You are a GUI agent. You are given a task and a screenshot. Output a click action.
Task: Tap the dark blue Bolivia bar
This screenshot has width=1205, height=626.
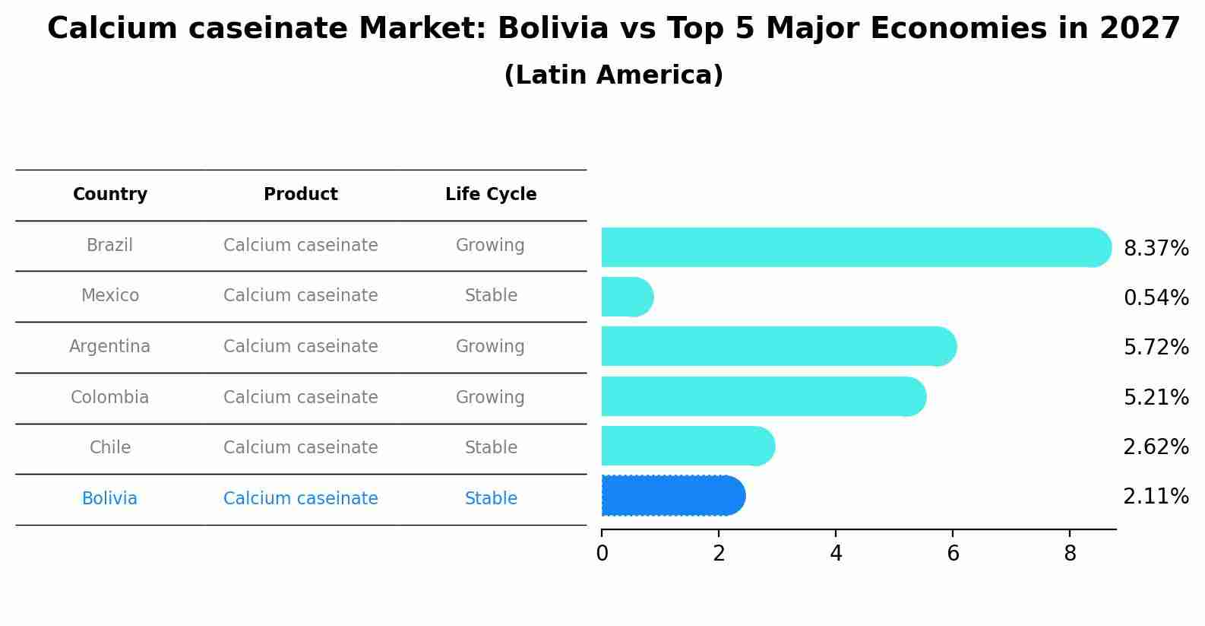tap(672, 496)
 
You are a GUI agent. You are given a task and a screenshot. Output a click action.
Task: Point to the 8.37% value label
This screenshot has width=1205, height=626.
tap(1156, 249)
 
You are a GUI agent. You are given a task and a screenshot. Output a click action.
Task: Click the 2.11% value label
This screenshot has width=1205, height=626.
tap(1156, 497)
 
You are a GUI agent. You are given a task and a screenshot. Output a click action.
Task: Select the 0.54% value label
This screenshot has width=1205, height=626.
tap(1156, 298)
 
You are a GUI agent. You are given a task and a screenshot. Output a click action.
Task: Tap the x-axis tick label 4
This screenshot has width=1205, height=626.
tap(836, 554)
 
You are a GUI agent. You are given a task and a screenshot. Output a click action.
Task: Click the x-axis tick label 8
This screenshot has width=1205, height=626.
tap(1070, 554)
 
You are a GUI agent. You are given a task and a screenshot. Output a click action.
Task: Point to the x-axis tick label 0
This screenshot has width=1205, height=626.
tap(602, 554)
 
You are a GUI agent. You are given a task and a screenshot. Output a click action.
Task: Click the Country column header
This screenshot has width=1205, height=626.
tap(110, 195)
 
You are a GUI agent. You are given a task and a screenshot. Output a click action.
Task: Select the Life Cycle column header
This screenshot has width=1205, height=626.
tap(491, 195)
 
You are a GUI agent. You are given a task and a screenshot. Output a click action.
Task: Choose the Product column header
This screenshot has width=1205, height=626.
tap(301, 195)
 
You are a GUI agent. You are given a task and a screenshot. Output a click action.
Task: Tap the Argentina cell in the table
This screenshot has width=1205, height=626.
tap(110, 347)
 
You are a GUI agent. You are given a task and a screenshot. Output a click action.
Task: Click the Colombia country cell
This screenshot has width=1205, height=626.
tap(110, 398)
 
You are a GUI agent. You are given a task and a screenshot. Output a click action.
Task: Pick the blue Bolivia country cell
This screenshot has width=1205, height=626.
tap(110, 499)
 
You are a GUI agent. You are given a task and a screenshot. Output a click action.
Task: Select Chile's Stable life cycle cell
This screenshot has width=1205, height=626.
tap(491, 448)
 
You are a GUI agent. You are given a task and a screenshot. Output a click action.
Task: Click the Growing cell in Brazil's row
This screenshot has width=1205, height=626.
tap(490, 246)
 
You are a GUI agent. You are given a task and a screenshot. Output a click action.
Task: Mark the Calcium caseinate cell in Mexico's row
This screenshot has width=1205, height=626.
tap(301, 296)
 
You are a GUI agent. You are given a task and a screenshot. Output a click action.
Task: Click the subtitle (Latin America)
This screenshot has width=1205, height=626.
tap(613, 75)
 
